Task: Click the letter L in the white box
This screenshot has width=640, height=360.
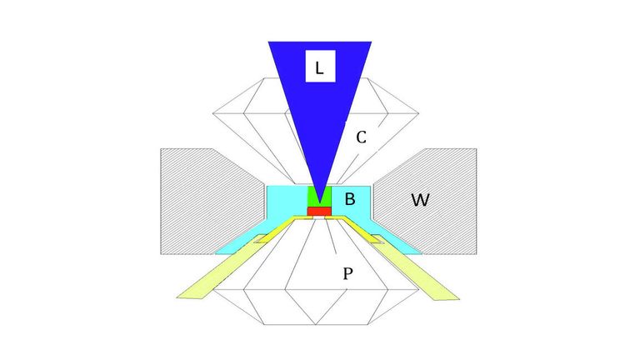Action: coord(320,68)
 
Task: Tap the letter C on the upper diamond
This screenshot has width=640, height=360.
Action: coord(361,137)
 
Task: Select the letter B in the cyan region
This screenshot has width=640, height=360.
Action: coord(350,199)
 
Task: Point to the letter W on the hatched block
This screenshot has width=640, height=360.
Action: coord(420,200)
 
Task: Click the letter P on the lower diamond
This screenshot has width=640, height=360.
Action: coord(347,273)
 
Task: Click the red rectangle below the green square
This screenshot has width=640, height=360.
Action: coord(319,211)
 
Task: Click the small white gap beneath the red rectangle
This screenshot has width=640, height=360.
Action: coord(319,218)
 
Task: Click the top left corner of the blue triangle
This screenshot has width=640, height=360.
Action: coord(268,42)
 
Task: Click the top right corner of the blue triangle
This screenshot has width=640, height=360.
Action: coord(372,42)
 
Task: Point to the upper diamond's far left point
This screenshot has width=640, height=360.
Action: coord(212,113)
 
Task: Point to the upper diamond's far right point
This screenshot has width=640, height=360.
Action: coord(419,113)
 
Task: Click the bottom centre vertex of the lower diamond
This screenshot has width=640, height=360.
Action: coord(316,325)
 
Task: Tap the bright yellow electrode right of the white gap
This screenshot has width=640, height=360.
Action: coord(354,227)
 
